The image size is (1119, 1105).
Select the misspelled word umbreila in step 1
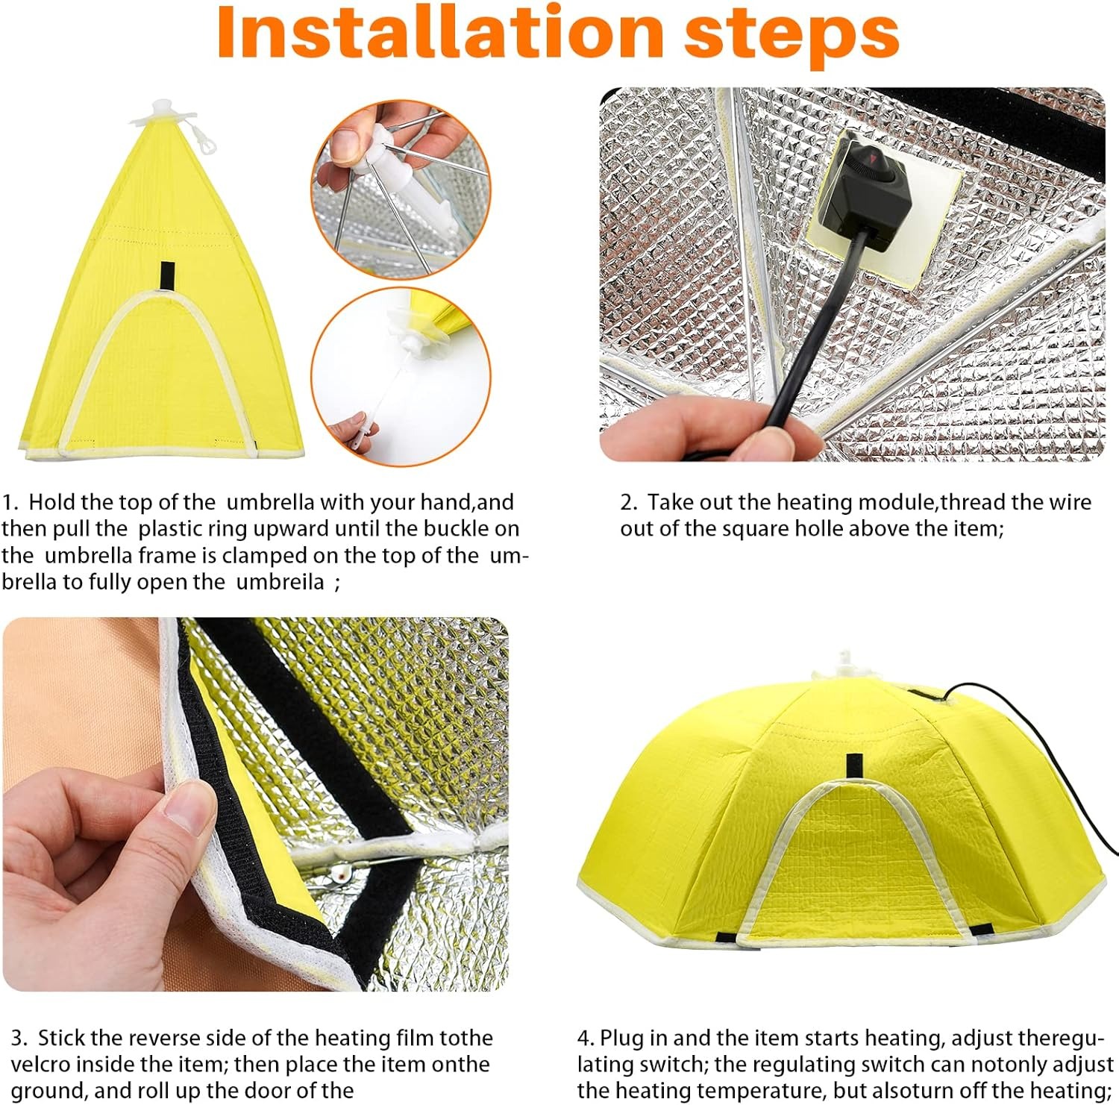[280, 582]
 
